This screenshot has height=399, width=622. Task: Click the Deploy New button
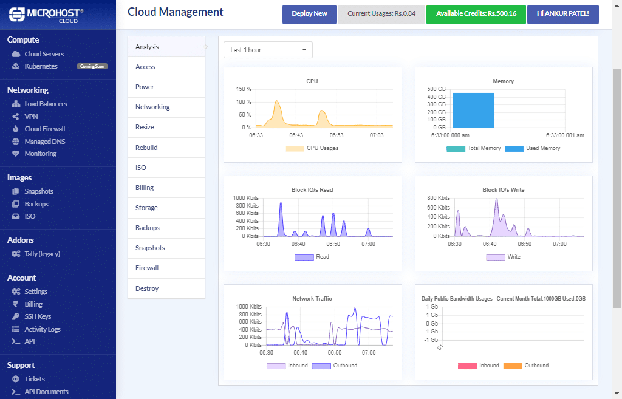pyautogui.click(x=309, y=13)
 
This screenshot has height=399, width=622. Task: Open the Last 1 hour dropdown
pyautogui.click(x=268, y=50)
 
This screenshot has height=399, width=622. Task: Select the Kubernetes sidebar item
pyautogui.click(x=41, y=66)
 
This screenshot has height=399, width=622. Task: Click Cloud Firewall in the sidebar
pyautogui.click(x=44, y=129)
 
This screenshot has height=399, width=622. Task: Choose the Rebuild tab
pyautogui.click(x=146, y=148)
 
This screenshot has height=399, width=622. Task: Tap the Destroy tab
pyautogui.click(x=147, y=288)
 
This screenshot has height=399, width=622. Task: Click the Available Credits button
pyautogui.click(x=476, y=13)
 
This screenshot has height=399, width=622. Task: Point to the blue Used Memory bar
pyautogui.click(x=473, y=110)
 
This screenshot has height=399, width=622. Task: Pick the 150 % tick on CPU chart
pyautogui.click(x=244, y=89)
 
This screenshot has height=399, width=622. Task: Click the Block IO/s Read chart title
pyautogui.click(x=312, y=190)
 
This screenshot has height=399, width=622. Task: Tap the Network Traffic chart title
pyautogui.click(x=312, y=299)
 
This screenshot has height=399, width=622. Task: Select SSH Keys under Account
pyautogui.click(x=38, y=316)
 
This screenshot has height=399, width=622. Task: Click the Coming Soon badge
pyautogui.click(x=92, y=66)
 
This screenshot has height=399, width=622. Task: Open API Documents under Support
pyautogui.click(x=46, y=392)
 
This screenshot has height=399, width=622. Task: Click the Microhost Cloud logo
pyautogui.click(x=47, y=15)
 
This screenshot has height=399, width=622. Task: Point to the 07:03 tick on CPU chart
pyautogui.click(x=376, y=135)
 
